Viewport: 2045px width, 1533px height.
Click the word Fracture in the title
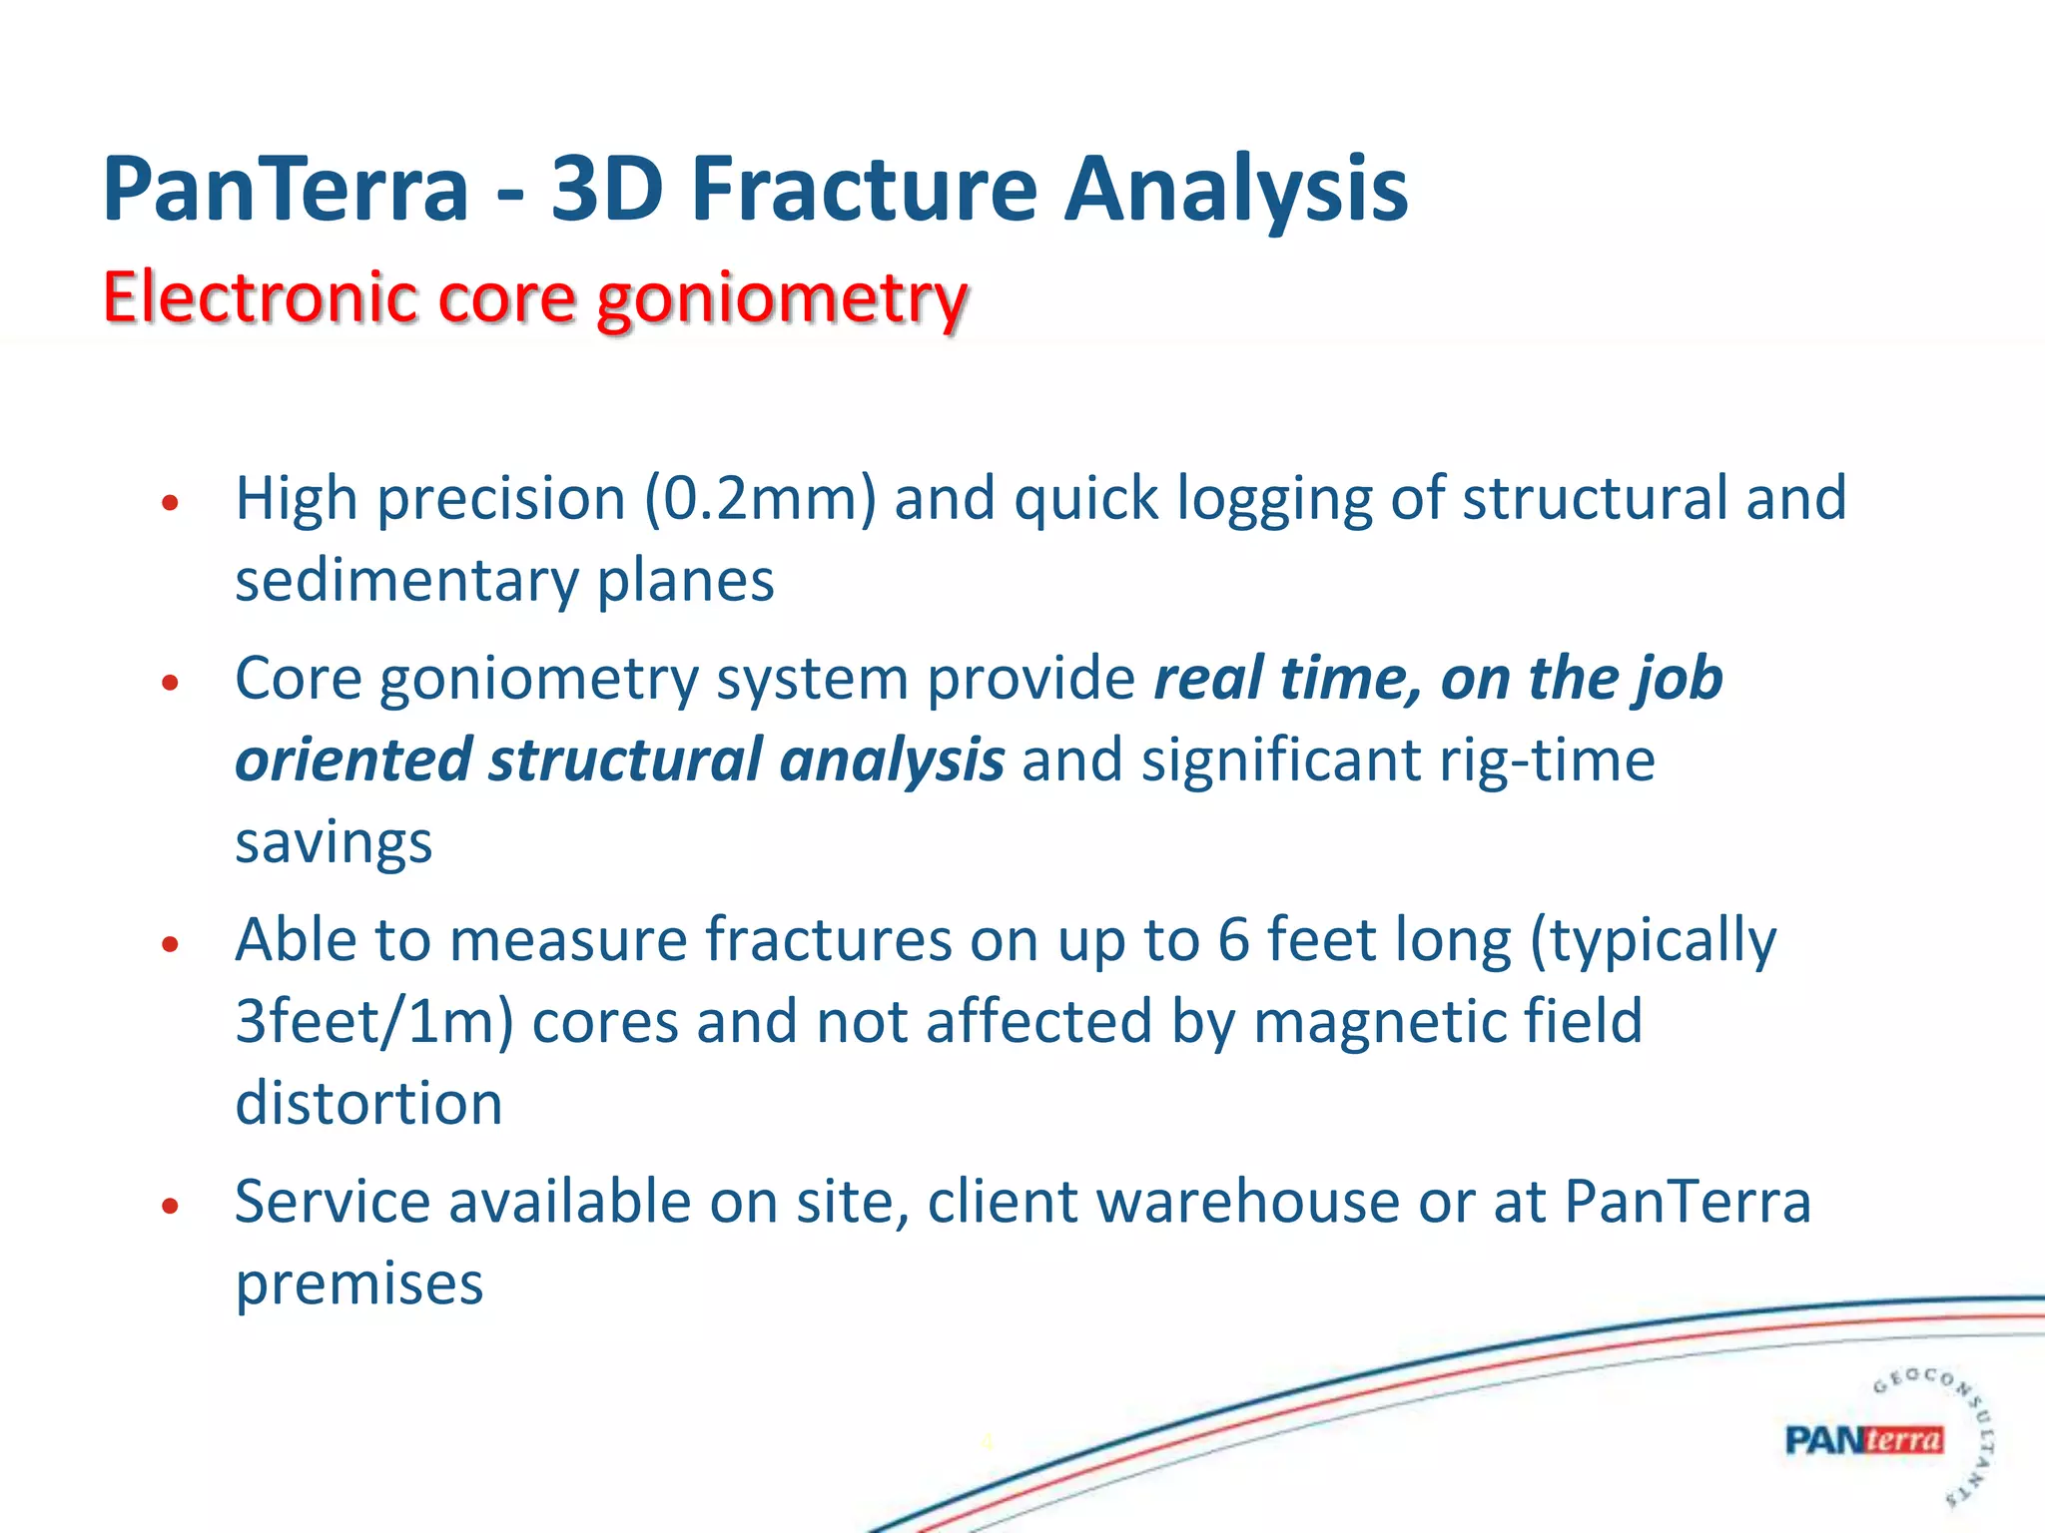[865, 190]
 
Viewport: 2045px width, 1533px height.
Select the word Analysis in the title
[1236, 190]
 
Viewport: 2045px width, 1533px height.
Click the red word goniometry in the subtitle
[782, 299]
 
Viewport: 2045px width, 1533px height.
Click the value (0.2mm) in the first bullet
[760, 498]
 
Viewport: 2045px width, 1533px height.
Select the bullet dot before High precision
[170, 503]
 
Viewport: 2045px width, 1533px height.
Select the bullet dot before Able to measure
[170, 944]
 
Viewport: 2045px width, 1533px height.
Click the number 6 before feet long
[1233, 940]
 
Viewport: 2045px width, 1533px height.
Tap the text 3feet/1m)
[374, 1022]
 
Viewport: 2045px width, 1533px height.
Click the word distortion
[368, 1104]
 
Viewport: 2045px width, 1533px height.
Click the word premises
[359, 1284]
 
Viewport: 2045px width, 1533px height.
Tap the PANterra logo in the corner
[1863, 1440]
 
